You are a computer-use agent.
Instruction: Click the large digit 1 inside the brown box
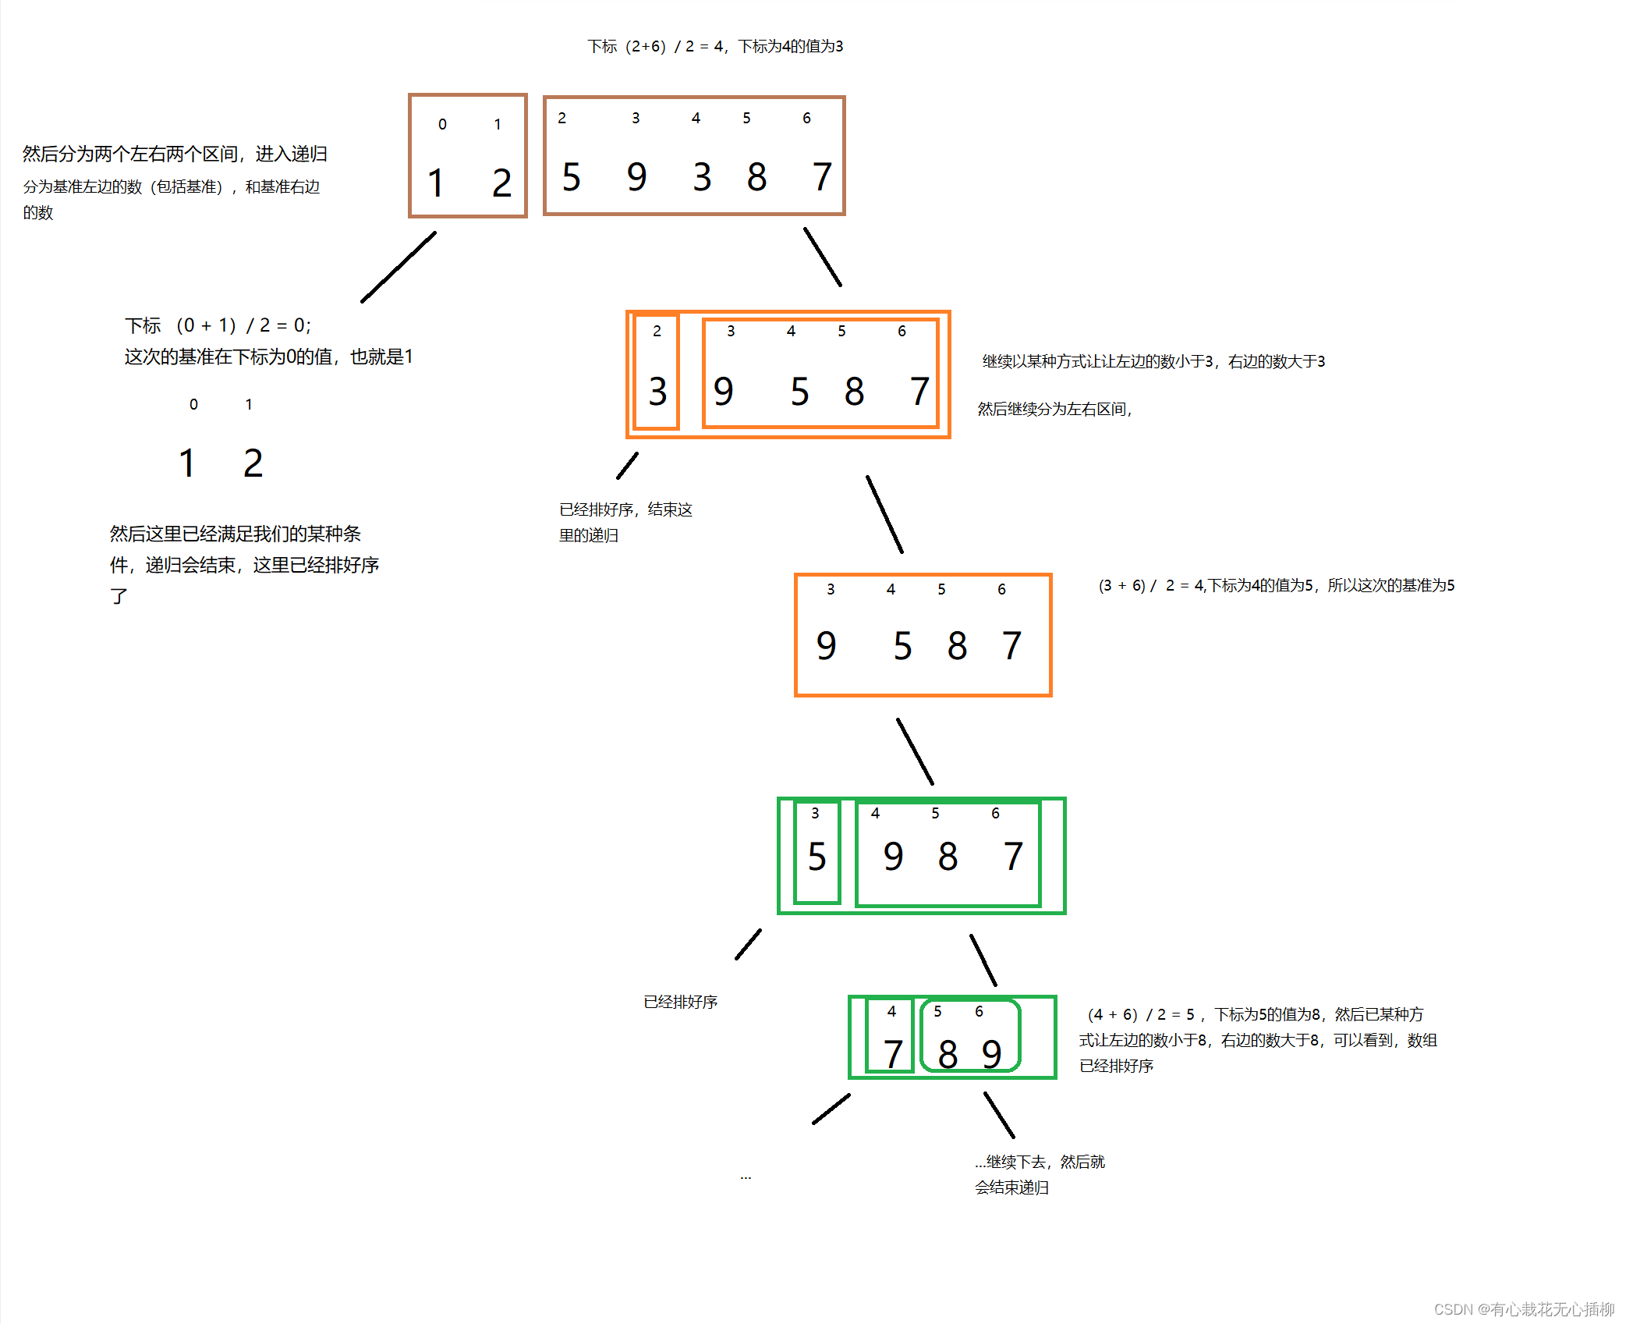[x=435, y=183]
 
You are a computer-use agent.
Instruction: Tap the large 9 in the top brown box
[x=636, y=177]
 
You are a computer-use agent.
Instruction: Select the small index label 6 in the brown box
[x=806, y=119]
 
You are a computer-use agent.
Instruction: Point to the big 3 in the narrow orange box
[x=657, y=392]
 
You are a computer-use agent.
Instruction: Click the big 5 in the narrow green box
[x=817, y=857]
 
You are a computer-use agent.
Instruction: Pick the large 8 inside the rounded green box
[x=948, y=1055]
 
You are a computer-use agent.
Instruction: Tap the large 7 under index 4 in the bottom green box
[x=893, y=1055]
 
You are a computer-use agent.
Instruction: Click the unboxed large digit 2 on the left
[x=253, y=463]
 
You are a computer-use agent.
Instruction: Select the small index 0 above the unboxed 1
[x=193, y=405]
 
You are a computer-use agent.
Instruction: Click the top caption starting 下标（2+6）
[x=715, y=47]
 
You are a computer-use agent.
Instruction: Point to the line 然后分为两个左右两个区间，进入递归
[x=175, y=154]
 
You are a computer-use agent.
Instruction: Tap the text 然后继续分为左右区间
[x=1054, y=410]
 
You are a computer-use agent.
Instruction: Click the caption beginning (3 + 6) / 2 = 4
[x=1276, y=586]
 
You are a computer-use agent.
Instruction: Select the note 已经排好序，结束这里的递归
[x=625, y=522]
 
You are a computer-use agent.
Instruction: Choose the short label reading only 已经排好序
[x=680, y=1002]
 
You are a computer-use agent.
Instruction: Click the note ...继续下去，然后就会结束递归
[x=1039, y=1174]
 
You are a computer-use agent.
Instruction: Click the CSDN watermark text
[x=1523, y=1309]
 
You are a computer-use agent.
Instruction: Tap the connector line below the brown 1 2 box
[x=399, y=267]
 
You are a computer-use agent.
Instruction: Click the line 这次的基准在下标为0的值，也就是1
[x=268, y=357]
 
